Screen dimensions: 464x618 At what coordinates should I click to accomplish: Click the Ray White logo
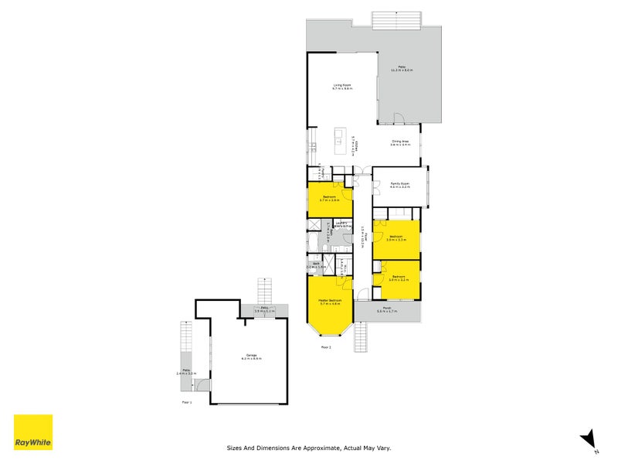[x=33, y=432]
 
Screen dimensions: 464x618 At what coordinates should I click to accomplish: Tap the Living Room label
[x=342, y=87]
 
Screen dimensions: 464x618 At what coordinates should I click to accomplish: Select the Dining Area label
[x=400, y=143]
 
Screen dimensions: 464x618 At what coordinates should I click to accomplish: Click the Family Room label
[x=399, y=185]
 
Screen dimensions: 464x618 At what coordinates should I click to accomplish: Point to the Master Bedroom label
[x=330, y=302]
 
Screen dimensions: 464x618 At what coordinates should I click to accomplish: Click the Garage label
[x=251, y=357]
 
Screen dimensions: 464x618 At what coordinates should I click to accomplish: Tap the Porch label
[x=386, y=311]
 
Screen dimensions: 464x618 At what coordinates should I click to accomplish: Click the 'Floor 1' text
[x=186, y=402]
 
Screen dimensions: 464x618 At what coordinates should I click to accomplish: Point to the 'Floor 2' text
[x=325, y=347]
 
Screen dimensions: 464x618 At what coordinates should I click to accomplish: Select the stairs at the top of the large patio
[x=396, y=20]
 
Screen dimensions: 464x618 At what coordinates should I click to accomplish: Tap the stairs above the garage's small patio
[x=265, y=292]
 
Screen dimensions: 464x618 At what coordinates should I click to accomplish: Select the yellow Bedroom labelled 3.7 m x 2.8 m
[x=329, y=199]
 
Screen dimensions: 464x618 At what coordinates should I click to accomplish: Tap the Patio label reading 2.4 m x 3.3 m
[x=185, y=374]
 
